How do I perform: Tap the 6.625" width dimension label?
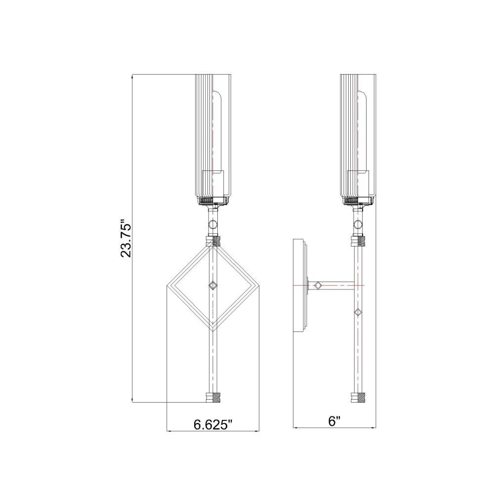(x=212, y=425)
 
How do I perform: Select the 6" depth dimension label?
(x=334, y=421)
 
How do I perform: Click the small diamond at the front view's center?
(x=213, y=286)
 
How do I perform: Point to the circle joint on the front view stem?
(x=213, y=225)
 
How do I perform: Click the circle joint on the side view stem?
(x=358, y=224)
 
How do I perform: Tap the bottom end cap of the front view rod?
(x=213, y=398)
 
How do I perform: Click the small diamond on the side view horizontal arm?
(x=318, y=286)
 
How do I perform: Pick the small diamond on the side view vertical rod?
(x=358, y=313)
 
